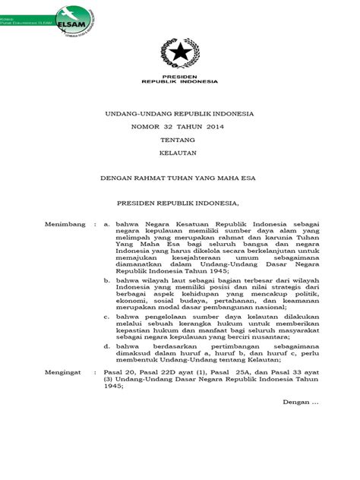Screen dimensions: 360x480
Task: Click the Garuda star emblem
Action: click(x=180, y=54)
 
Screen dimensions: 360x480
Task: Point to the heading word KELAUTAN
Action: click(x=181, y=156)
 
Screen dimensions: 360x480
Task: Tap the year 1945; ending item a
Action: click(x=202, y=270)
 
